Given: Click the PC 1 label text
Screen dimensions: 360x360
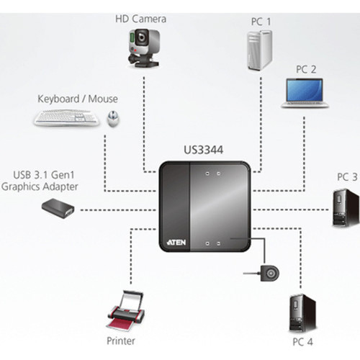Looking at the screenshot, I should (x=261, y=22).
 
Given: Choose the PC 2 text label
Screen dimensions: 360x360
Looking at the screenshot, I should (x=306, y=70).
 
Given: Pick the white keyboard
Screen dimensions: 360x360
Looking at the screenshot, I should (x=67, y=117).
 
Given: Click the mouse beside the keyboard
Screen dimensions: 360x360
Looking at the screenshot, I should (x=113, y=119).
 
